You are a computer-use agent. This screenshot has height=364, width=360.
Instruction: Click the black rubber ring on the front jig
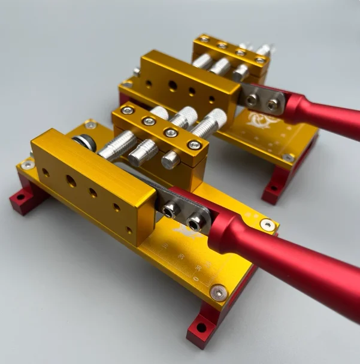pos(82,143)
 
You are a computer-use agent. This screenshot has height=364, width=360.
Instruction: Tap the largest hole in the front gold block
pos(71,181)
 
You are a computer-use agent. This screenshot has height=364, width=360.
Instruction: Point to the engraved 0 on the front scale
pos(196,278)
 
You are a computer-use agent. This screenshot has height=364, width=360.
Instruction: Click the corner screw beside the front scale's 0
pos(219,292)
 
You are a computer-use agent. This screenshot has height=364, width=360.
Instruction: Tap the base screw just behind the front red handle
pos(267,225)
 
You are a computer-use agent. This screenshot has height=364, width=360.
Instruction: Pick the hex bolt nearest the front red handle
pos(195,223)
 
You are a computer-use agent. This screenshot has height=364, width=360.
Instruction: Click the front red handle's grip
pos(300,263)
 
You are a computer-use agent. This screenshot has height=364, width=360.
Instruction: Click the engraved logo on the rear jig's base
pos(258,119)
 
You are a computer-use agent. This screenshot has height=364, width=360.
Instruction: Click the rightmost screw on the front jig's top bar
pos(194,144)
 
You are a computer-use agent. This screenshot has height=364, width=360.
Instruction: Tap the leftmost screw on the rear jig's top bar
pos(204,39)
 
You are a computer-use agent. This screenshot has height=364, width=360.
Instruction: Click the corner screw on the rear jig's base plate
pos(288,158)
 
